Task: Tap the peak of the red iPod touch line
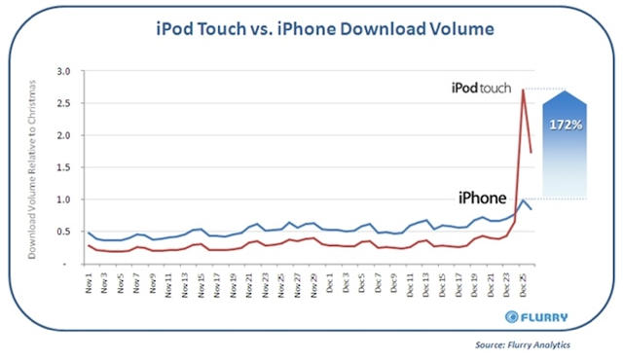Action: click(x=524, y=90)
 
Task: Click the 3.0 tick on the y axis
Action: click(x=65, y=72)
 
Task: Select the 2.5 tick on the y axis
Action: click(x=65, y=104)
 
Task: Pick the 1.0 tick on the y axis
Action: click(x=65, y=199)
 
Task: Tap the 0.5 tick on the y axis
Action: click(x=65, y=232)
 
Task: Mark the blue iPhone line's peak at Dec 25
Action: click(x=524, y=199)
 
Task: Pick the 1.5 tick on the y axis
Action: click(x=65, y=167)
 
